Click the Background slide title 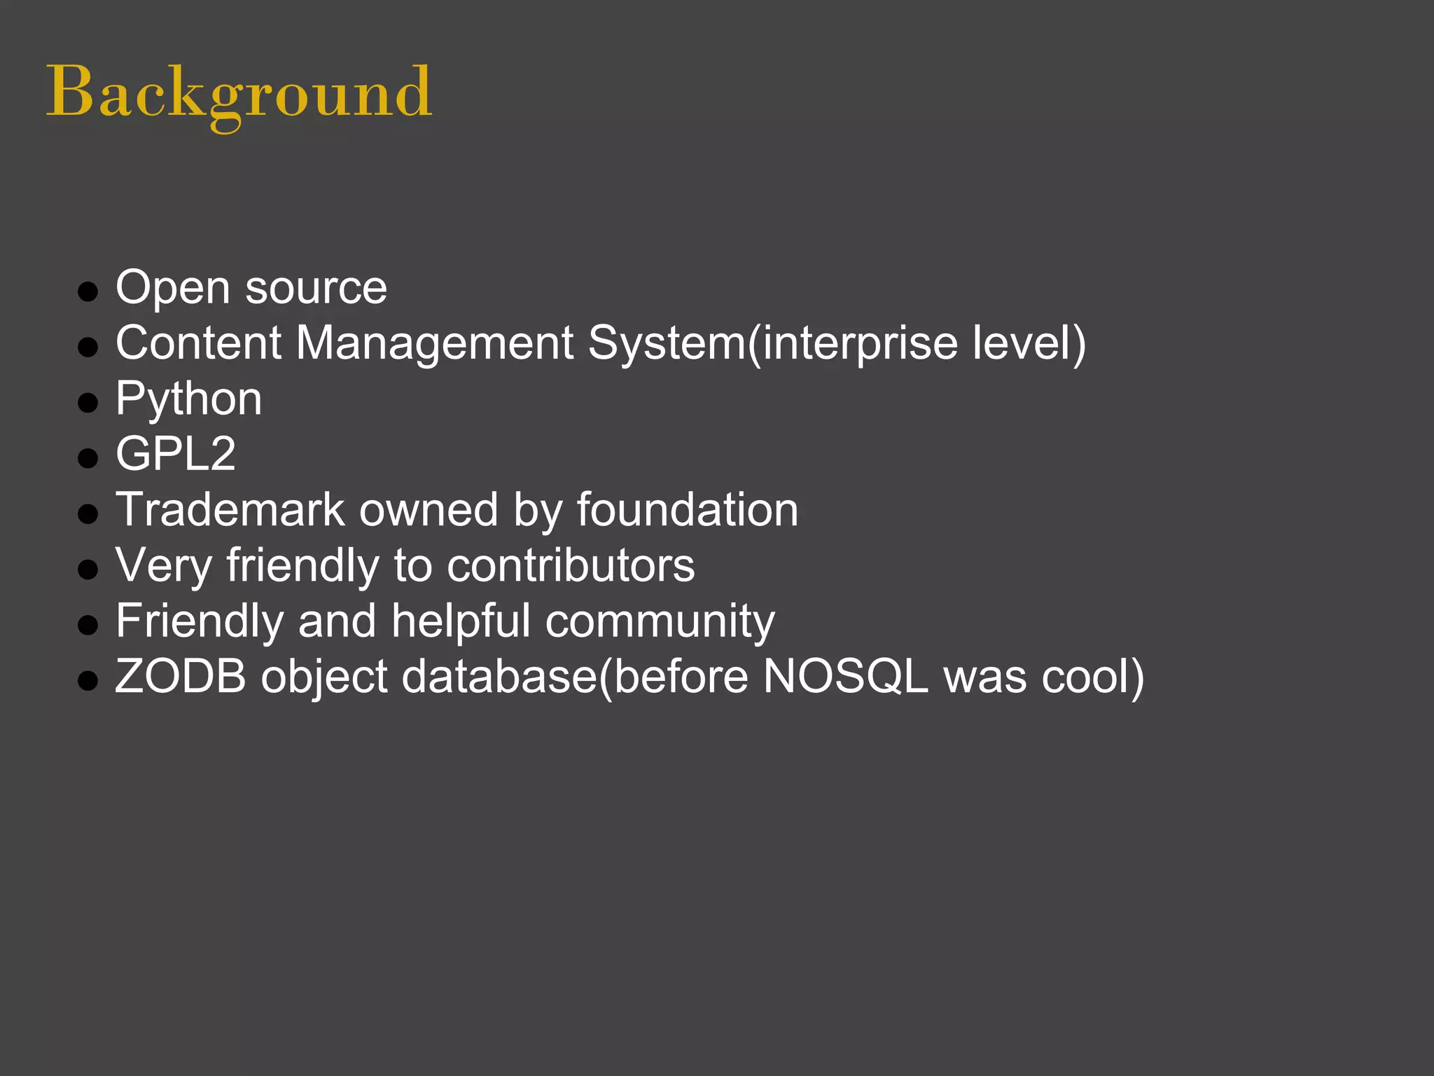coord(239,93)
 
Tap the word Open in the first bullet coord(172,288)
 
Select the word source coord(316,288)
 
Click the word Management coord(435,343)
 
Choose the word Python coord(188,399)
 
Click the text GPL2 coord(176,454)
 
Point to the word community coord(660,622)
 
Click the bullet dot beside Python coord(88,403)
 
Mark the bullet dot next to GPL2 coord(88,458)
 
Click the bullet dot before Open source coord(88,291)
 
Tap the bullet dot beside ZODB coord(88,680)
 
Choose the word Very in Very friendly coord(163,565)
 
